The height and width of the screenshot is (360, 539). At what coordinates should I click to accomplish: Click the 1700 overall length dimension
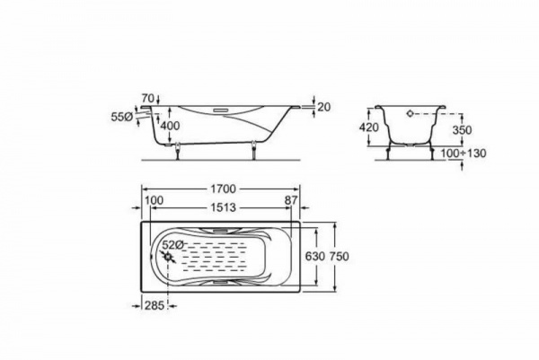tap(223, 189)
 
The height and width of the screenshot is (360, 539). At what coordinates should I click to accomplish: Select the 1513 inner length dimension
tap(223, 207)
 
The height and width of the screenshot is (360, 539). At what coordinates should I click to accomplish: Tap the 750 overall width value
tap(340, 256)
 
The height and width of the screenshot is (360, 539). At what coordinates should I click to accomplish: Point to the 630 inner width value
tap(315, 256)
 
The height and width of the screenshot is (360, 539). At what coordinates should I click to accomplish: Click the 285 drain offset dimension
tap(155, 305)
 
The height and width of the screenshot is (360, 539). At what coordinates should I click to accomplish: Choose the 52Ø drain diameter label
tap(172, 245)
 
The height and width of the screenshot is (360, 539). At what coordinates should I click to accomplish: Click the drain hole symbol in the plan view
tap(168, 257)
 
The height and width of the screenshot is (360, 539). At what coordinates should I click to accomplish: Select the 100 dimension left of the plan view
tap(154, 200)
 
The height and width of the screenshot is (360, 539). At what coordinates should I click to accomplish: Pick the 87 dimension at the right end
tap(290, 200)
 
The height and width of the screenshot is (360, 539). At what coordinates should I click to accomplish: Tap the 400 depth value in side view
tap(170, 126)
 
